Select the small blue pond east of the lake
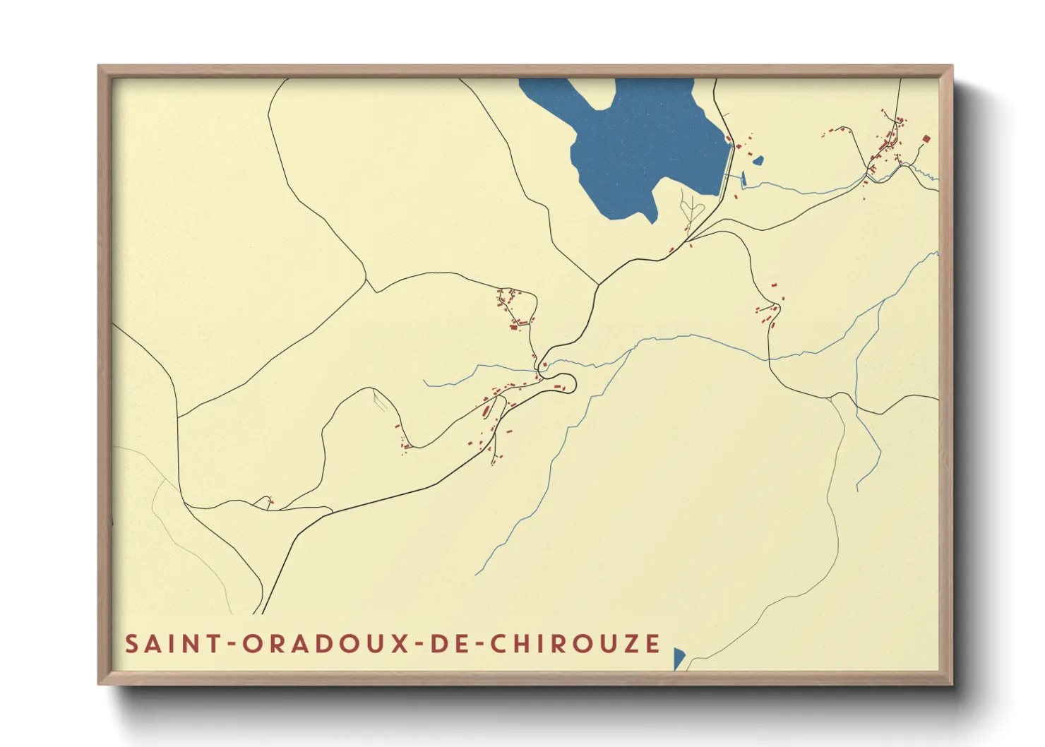coord(758,161)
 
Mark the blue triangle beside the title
coord(678,657)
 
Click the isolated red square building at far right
coord(926,139)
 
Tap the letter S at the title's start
coord(131,644)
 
